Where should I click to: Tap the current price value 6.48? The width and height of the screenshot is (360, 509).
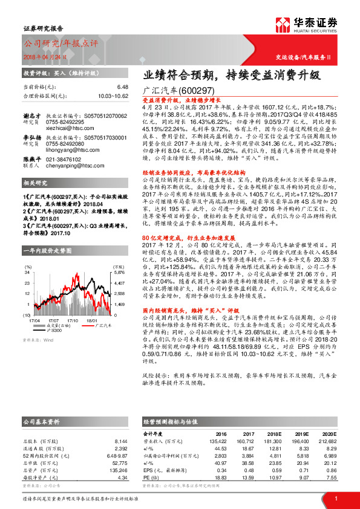pyautogui.click(x=123, y=87)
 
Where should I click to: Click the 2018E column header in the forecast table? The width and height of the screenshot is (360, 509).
pyautogui.click(x=274, y=433)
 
